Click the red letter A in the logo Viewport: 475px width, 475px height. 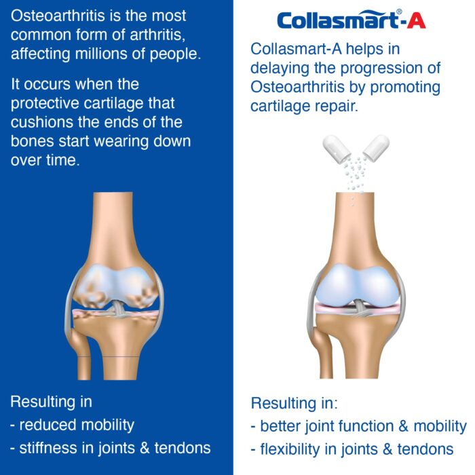click(416, 20)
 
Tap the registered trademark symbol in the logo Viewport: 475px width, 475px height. click(399, 12)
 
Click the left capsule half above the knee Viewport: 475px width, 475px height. click(337, 149)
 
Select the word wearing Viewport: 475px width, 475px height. click(121, 141)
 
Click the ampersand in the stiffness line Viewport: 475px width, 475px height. click(145, 448)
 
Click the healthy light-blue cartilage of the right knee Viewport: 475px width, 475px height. click(357, 286)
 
